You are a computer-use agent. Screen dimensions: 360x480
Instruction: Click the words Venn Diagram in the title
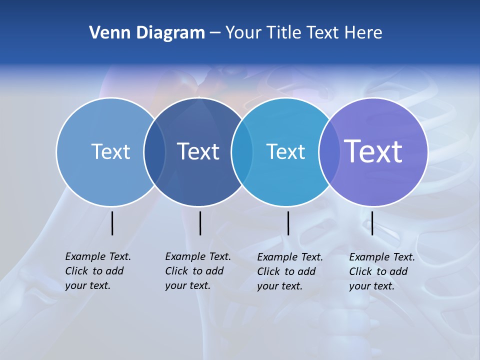click(147, 33)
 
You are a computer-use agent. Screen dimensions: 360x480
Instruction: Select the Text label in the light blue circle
click(110, 151)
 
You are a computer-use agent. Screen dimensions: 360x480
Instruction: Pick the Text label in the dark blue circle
click(198, 151)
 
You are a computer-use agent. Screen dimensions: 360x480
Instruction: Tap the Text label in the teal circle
click(285, 151)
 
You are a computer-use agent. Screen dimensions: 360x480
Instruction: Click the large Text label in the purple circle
click(373, 151)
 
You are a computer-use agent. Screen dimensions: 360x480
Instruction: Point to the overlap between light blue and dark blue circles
click(154, 151)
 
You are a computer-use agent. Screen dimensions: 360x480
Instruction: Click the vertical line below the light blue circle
click(112, 223)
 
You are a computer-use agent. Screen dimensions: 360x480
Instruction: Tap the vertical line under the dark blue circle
click(200, 223)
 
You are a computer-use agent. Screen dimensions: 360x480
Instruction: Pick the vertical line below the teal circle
click(288, 223)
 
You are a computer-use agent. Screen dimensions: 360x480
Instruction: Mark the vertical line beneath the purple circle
click(372, 223)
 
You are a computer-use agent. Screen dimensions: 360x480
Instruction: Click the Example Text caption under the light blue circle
click(98, 271)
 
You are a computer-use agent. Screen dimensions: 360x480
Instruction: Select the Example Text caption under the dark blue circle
click(198, 271)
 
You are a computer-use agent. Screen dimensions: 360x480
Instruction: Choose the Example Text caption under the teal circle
click(290, 271)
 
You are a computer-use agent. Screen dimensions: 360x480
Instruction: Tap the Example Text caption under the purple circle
click(382, 271)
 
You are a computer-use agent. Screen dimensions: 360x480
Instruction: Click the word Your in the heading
click(243, 33)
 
